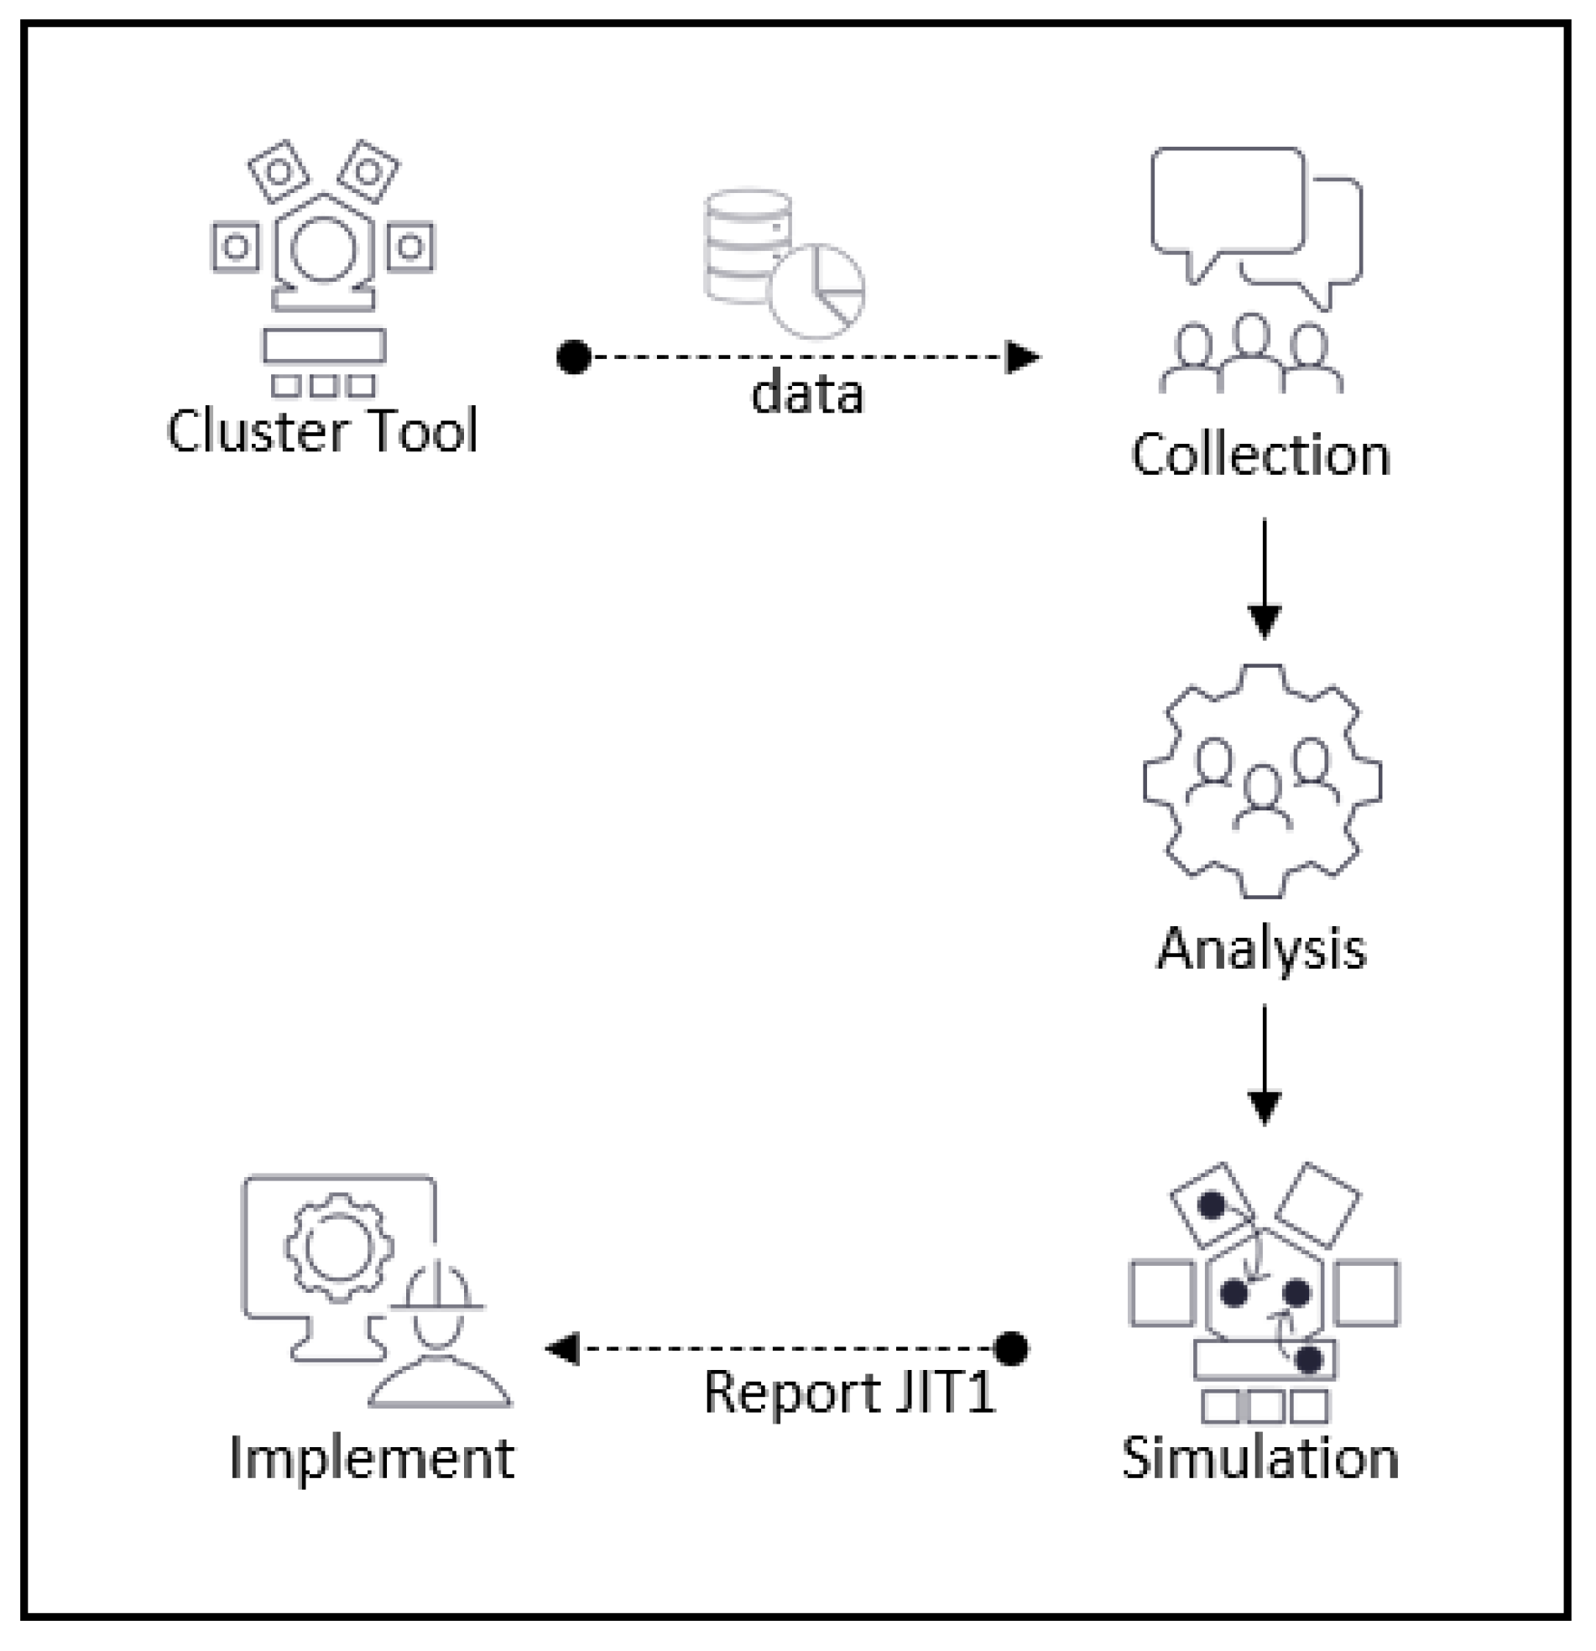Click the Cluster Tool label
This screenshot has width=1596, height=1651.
[322, 430]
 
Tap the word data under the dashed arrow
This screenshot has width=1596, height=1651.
[807, 393]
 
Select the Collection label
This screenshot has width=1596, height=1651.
[1260, 455]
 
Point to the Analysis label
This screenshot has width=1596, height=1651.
[1261, 950]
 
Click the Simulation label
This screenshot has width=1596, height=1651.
[1260, 1458]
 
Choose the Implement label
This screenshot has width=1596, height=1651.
[372, 1458]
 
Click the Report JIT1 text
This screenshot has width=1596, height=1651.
[849, 1392]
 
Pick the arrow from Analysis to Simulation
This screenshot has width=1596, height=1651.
[1264, 1065]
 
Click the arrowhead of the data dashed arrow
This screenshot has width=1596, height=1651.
[1023, 357]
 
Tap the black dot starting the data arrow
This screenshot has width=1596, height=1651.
[575, 357]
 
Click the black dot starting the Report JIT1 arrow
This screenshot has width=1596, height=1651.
[1011, 1349]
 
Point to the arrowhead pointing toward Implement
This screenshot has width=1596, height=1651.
[563, 1349]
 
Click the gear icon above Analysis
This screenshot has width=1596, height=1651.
[1262, 782]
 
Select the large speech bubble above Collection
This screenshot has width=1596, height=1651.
[1227, 202]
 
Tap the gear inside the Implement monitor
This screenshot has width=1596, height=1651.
[339, 1247]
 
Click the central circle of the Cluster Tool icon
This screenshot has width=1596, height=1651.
[324, 249]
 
